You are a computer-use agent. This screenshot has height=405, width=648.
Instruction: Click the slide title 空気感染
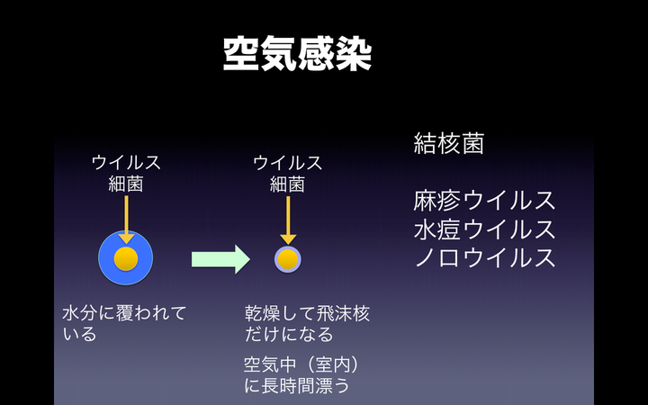point(296,54)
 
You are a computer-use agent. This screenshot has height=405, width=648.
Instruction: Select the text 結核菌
point(449,143)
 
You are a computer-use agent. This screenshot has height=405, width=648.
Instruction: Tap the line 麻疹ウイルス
point(484,200)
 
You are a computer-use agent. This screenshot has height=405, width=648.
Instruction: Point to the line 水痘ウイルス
point(484,229)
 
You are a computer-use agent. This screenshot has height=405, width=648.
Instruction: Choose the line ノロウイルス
point(484,257)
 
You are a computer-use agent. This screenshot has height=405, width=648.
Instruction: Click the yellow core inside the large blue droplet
point(126,259)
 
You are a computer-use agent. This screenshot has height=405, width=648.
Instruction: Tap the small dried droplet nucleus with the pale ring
point(287,259)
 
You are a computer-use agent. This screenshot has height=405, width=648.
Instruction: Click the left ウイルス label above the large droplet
point(126,163)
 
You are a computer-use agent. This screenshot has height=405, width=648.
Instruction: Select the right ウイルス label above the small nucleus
point(287,163)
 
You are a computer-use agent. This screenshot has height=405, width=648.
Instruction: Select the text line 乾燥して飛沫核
point(307,313)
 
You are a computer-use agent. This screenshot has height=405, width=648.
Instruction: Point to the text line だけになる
point(289,335)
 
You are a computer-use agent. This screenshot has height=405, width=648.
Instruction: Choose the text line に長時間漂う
point(296,386)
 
